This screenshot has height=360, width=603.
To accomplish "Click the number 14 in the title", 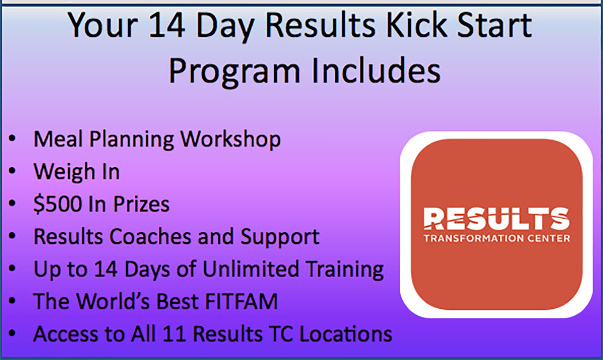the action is click(167, 25).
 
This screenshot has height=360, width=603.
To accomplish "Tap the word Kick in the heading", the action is click(417, 25).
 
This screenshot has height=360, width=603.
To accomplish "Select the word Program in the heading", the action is click(234, 71).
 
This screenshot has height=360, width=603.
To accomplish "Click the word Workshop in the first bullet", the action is click(231, 140).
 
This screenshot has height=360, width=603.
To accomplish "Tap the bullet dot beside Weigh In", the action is click(12, 171).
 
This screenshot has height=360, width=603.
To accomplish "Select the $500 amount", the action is click(58, 204).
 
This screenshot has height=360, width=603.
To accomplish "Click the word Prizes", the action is click(141, 204).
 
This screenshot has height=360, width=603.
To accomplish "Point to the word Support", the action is click(280, 237).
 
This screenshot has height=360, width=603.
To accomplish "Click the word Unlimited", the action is click(251, 269).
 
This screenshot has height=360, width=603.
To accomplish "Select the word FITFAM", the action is click(241, 301).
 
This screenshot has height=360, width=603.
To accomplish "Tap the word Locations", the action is click(346, 334).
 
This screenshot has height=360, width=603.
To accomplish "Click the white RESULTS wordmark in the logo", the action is click(497, 219).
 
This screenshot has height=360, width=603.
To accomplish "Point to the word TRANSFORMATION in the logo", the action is click(473, 238).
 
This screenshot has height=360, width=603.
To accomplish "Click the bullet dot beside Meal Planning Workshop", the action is click(12, 138).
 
